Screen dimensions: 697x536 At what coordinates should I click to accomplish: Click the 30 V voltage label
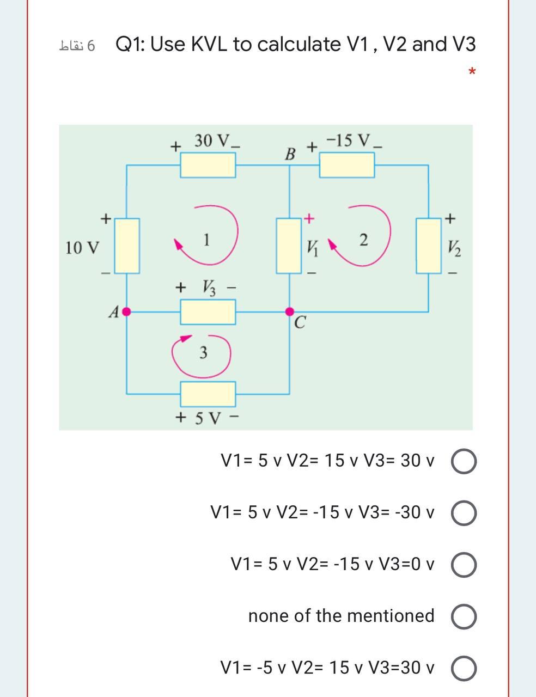(212, 140)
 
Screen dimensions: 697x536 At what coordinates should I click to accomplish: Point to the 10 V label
(82, 248)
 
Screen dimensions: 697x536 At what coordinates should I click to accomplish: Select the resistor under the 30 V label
(208, 165)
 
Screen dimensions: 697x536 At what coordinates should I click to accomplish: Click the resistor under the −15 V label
(347, 165)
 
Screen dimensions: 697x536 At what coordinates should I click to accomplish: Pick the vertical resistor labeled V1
(289, 246)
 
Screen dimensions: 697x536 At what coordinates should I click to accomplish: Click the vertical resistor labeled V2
(429, 246)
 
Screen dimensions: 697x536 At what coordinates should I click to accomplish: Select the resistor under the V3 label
(208, 312)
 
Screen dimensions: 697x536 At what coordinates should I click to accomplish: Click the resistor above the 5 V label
(208, 394)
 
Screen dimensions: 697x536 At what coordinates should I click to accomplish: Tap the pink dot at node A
(127, 312)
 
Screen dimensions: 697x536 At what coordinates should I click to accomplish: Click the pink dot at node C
(289, 311)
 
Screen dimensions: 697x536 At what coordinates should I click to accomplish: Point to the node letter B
(291, 154)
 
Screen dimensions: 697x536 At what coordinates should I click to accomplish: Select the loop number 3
(203, 353)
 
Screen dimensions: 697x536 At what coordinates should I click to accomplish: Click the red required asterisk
(472, 72)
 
